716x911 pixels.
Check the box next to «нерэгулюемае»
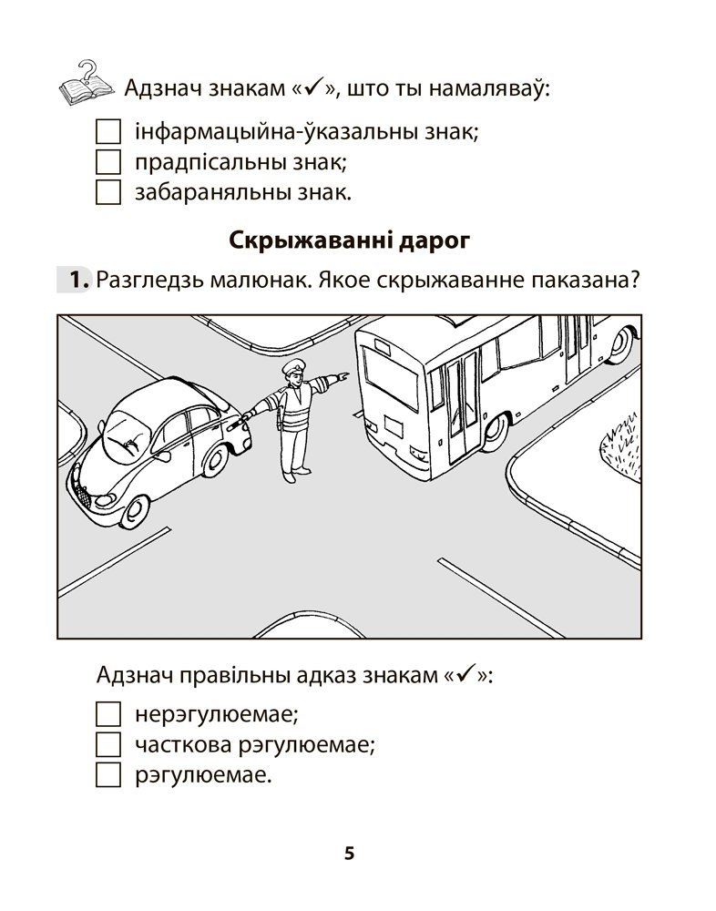[107, 713]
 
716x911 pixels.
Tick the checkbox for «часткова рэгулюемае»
[107, 744]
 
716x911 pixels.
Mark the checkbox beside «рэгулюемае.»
[107, 775]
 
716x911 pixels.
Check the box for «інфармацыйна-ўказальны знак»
[107, 132]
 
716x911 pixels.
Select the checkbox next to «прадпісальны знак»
[107, 163]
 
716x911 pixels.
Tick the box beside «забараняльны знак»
[107, 193]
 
